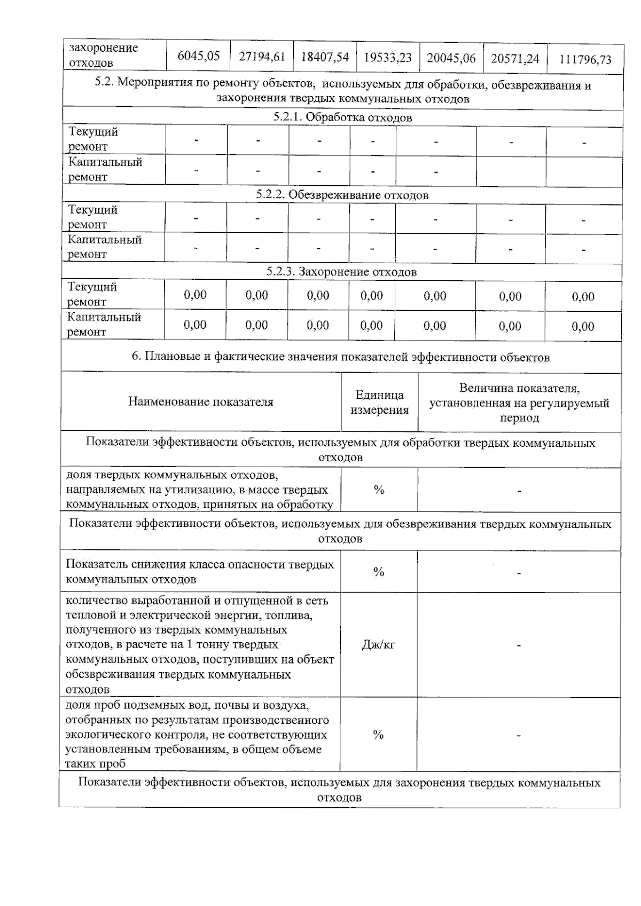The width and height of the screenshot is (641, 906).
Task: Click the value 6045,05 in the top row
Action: (198, 56)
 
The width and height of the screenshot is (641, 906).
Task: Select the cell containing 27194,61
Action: (262, 57)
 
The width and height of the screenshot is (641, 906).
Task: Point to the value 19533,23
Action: (388, 58)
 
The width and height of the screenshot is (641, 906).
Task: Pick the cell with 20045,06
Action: (451, 58)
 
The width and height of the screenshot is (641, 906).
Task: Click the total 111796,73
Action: (585, 59)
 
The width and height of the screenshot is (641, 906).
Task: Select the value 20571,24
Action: (515, 58)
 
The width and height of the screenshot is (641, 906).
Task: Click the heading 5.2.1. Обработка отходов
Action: (342, 117)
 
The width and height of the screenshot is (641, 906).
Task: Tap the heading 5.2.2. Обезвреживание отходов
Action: (342, 195)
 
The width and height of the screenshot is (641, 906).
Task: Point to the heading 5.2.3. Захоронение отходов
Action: (341, 272)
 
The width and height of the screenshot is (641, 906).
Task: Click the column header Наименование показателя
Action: (200, 402)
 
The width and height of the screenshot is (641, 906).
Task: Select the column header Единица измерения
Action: (379, 403)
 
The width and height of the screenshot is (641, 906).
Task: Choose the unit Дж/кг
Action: (378, 645)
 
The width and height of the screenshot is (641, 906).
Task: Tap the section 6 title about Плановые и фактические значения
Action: (340, 357)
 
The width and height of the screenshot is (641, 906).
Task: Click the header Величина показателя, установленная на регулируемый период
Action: (519, 403)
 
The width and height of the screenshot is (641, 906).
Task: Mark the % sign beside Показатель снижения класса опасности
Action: (379, 572)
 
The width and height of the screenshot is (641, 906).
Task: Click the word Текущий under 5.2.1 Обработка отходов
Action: (93, 132)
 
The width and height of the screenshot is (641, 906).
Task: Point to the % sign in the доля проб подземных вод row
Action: (378, 735)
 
